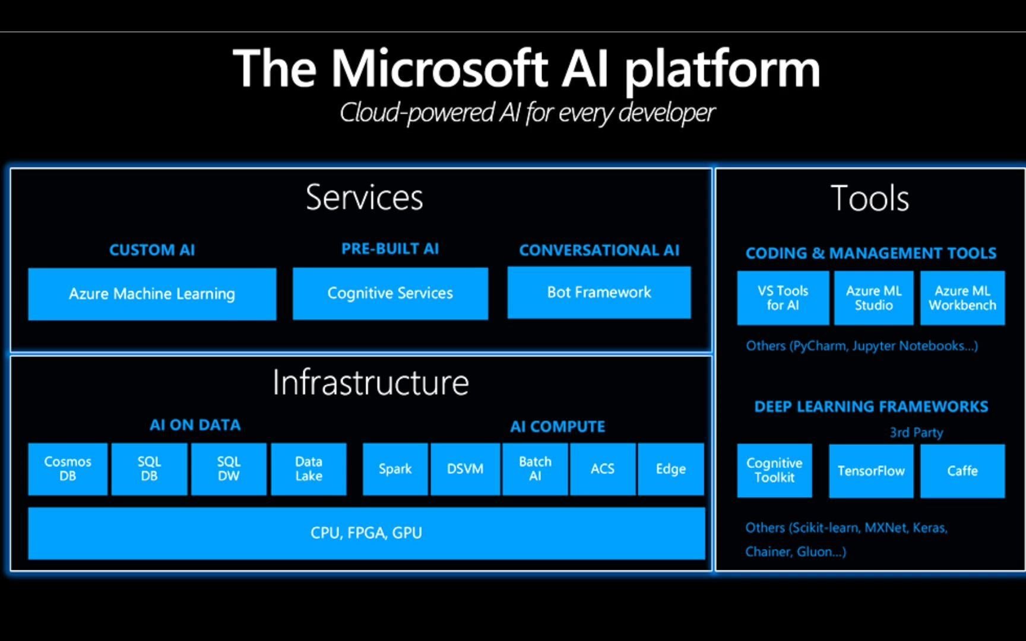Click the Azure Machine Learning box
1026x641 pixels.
pyautogui.click(x=152, y=294)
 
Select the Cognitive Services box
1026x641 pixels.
pyautogui.click(x=390, y=293)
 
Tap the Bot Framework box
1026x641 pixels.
pyautogui.click(x=598, y=292)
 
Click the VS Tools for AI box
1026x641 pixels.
pyautogui.click(x=783, y=298)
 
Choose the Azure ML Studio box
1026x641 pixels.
pyautogui.click(x=873, y=298)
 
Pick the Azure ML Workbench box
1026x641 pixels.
pyautogui.click(x=962, y=298)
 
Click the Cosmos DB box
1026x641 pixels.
pyautogui.click(x=68, y=469)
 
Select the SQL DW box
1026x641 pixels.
pyautogui.click(x=229, y=469)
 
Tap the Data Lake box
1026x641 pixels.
pyautogui.click(x=309, y=469)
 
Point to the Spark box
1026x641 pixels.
pyautogui.click(x=395, y=469)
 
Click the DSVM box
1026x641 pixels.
pyautogui.click(x=465, y=469)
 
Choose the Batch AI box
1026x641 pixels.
pyautogui.click(x=535, y=469)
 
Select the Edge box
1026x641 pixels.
pyautogui.click(x=670, y=469)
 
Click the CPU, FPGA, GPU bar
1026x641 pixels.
pyautogui.click(x=366, y=533)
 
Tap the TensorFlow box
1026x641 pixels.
pyautogui.click(x=871, y=471)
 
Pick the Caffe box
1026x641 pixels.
pyautogui.click(x=962, y=471)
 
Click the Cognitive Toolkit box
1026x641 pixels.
pyautogui.click(x=774, y=471)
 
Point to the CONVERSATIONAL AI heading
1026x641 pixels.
pyautogui.click(x=599, y=250)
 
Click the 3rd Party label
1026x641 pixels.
pyautogui.click(x=916, y=433)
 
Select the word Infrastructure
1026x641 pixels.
pyautogui.click(x=370, y=383)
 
